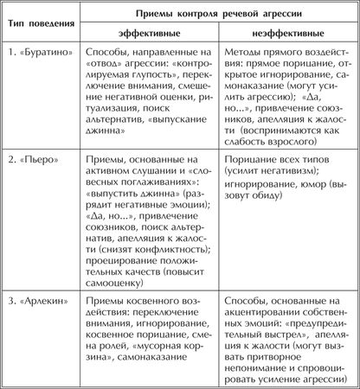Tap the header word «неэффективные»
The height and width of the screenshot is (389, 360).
tap(282, 32)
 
